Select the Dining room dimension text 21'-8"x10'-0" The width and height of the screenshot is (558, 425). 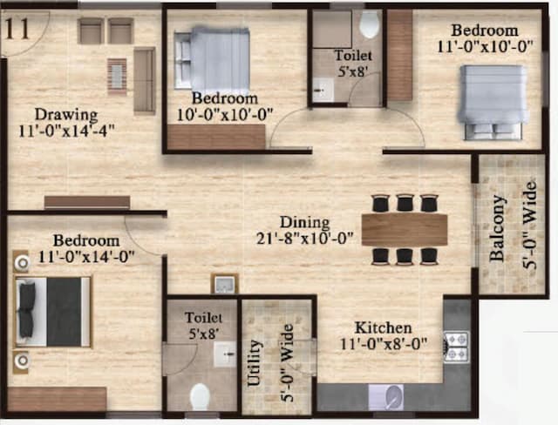click(304, 238)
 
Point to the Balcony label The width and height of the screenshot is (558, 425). click(498, 228)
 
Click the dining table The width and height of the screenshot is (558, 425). click(405, 229)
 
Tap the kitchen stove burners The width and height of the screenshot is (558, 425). click(457, 346)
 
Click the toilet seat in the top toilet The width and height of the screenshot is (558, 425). click(370, 24)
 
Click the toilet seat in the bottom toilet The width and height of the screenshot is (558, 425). click(200, 396)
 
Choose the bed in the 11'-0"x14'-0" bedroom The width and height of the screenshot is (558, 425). click(53, 312)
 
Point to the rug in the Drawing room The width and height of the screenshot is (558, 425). click(117, 76)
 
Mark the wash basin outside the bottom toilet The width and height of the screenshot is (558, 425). click(224, 284)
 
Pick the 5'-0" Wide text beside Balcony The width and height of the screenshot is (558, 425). click(528, 227)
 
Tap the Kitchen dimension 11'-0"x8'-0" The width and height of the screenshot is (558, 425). click(384, 343)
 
